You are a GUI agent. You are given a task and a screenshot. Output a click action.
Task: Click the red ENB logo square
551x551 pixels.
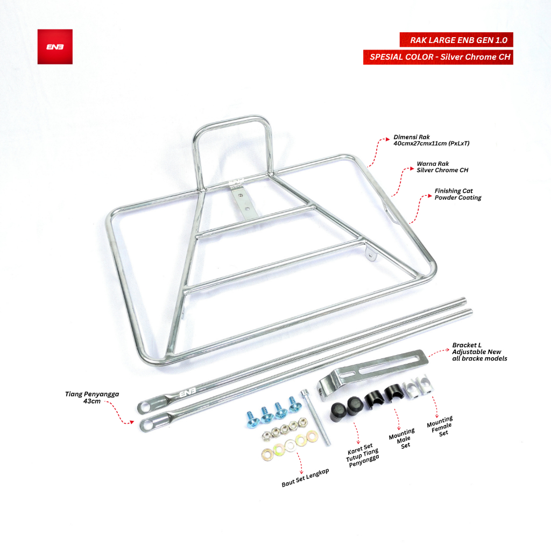(55, 47)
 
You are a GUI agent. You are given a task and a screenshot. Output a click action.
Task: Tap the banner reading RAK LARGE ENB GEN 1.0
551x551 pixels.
(456, 40)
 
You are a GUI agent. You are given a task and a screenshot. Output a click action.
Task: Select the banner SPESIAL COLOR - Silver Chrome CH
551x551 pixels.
(438, 57)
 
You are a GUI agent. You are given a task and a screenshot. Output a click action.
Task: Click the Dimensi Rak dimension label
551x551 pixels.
(431, 140)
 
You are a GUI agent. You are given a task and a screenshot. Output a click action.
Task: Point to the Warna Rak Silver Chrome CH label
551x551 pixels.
(442, 167)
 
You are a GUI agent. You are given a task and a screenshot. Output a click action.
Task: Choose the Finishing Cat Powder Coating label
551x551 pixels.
(458, 194)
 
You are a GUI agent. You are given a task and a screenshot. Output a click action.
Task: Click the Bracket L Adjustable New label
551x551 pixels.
(479, 352)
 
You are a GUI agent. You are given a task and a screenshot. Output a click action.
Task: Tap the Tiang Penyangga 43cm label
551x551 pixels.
(92, 398)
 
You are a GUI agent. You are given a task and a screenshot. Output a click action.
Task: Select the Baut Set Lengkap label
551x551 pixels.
(306, 478)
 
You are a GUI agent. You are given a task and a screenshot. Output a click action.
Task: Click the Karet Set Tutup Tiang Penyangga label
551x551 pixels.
(362, 455)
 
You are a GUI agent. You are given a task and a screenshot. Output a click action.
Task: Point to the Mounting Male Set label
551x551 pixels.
(402, 438)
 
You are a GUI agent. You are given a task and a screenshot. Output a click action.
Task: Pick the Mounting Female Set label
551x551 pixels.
(441, 426)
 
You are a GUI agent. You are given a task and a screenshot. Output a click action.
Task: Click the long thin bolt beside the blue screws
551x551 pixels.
(315, 418)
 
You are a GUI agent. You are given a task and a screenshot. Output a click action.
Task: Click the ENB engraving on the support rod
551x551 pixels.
(188, 393)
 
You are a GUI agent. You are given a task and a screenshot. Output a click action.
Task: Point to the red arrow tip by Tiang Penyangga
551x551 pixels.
(132, 422)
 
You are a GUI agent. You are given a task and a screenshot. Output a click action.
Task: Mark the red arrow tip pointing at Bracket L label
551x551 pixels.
(448, 350)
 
